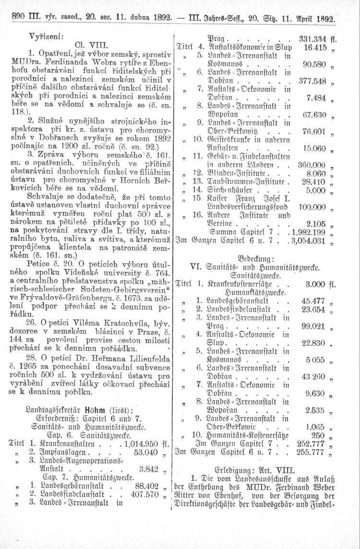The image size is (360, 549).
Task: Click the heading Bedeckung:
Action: (x=262, y=257)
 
